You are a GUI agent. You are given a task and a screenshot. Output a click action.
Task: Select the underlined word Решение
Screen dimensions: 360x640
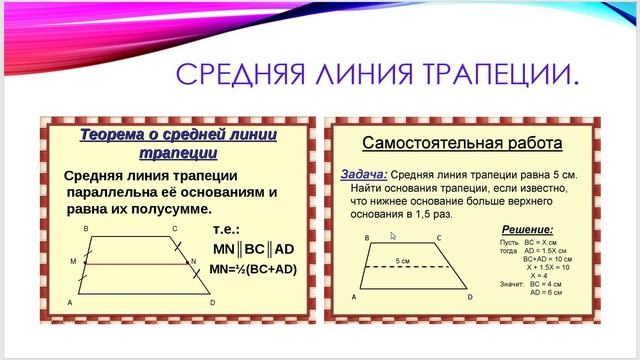click(x=527, y=229)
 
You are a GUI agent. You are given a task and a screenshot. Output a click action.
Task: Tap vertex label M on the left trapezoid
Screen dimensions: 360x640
click(x=73, y=260)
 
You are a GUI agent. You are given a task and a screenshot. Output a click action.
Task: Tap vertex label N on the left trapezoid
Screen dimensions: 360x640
click(x=193, y=260)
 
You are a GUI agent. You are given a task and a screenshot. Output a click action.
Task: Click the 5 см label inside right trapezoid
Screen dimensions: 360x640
click(x=403, y=260)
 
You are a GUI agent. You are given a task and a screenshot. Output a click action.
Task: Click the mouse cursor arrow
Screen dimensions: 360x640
click(x=393, y=237)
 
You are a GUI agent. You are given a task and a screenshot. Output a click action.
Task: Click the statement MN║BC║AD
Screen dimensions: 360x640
click(x=253, y=248)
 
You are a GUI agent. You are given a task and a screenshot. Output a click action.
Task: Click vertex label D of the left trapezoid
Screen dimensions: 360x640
click(x=212, y=302)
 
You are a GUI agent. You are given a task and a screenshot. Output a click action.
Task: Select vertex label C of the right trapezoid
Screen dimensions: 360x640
click(x=439, y=238)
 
